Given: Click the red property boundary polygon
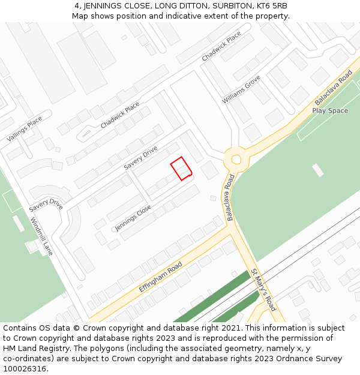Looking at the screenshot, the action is (x=181, y=168).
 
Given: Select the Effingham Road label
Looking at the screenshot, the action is (x=160, y=276).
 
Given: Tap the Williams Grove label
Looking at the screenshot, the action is (x=241, y=89).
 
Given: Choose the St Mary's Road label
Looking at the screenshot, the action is (x=263, y=290).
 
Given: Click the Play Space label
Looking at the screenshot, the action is (x=330, y=110).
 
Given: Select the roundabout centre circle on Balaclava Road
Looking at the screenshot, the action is (x=236, y=160).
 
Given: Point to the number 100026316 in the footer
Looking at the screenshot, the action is (x=25, y=368).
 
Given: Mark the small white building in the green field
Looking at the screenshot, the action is (x=318, y=170).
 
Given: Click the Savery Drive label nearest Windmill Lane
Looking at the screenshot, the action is (x=46, y=205).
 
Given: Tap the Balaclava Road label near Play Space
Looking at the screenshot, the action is (x=333, y=88).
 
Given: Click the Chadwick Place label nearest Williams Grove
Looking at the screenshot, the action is (x=221, y=46).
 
